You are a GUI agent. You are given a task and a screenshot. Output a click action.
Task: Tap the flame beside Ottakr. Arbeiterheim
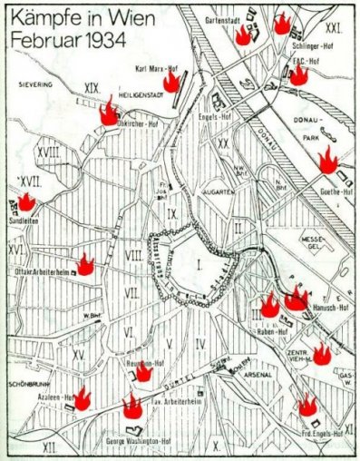click(85, 264)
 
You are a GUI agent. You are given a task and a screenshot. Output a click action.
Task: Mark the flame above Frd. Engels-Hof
click(307, 406)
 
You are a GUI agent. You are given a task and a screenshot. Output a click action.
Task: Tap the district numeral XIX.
click(90, 87)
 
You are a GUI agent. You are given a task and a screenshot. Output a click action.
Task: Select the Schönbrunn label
click(22, 383)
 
